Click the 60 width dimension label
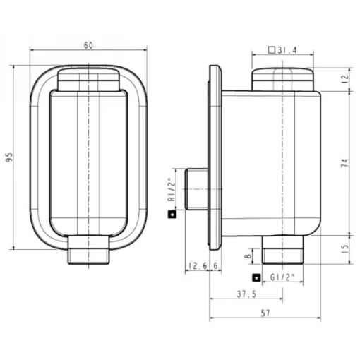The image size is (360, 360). click(x=88, y=45)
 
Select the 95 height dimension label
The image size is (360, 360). click(x=9, y=157)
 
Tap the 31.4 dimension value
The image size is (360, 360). click(x=287, y=50)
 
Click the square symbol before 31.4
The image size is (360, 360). click(x=272, y=50)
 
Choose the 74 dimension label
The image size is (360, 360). click(x=344, y=163)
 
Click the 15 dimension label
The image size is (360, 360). click(x=344, y=249)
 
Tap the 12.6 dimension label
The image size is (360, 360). click(x=198, y=266)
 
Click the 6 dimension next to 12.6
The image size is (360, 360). click(x=215, y=266)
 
